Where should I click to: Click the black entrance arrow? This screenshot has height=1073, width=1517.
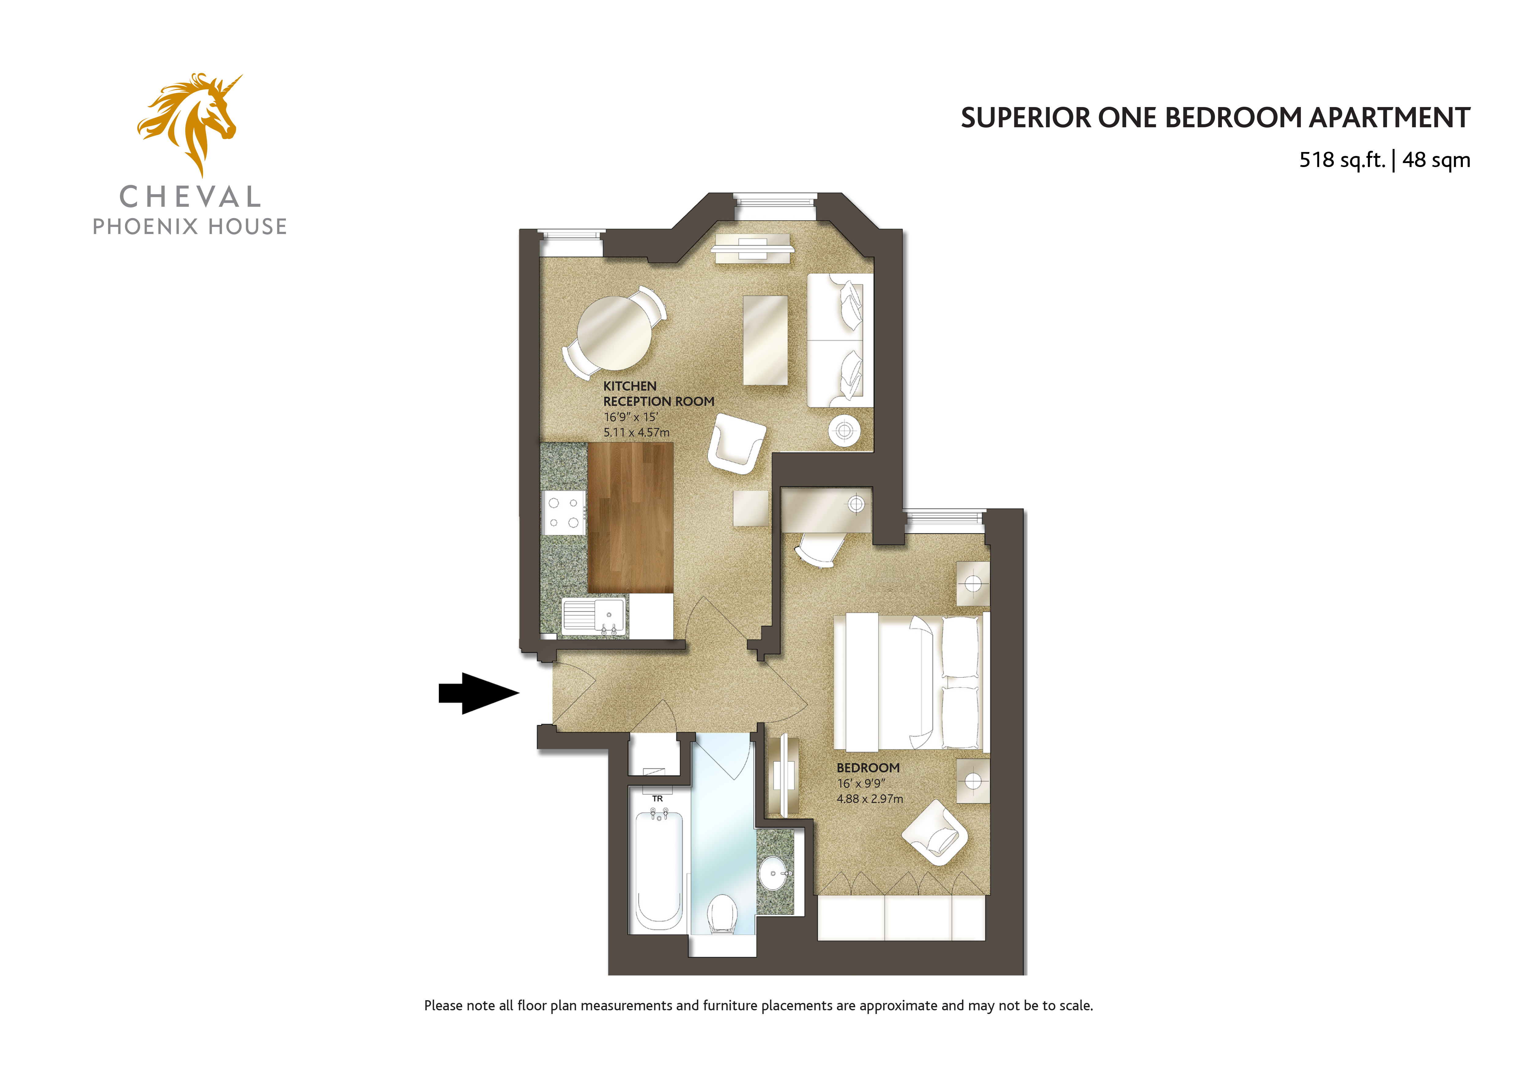(x=479, y=693)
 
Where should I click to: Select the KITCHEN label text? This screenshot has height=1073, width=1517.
(x=630, y=386)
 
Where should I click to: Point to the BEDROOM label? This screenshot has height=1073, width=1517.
(x=868, y=768)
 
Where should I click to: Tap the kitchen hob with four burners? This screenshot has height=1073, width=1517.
(x=564, y=513)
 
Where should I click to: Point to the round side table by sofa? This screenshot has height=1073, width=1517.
(x=844, y=431)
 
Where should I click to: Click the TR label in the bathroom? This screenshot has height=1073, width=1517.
(x=657, y=799)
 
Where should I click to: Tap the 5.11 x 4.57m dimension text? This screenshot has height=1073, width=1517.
(x=636, y=432)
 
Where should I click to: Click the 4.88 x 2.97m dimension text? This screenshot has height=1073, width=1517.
(x=870, y=799)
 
